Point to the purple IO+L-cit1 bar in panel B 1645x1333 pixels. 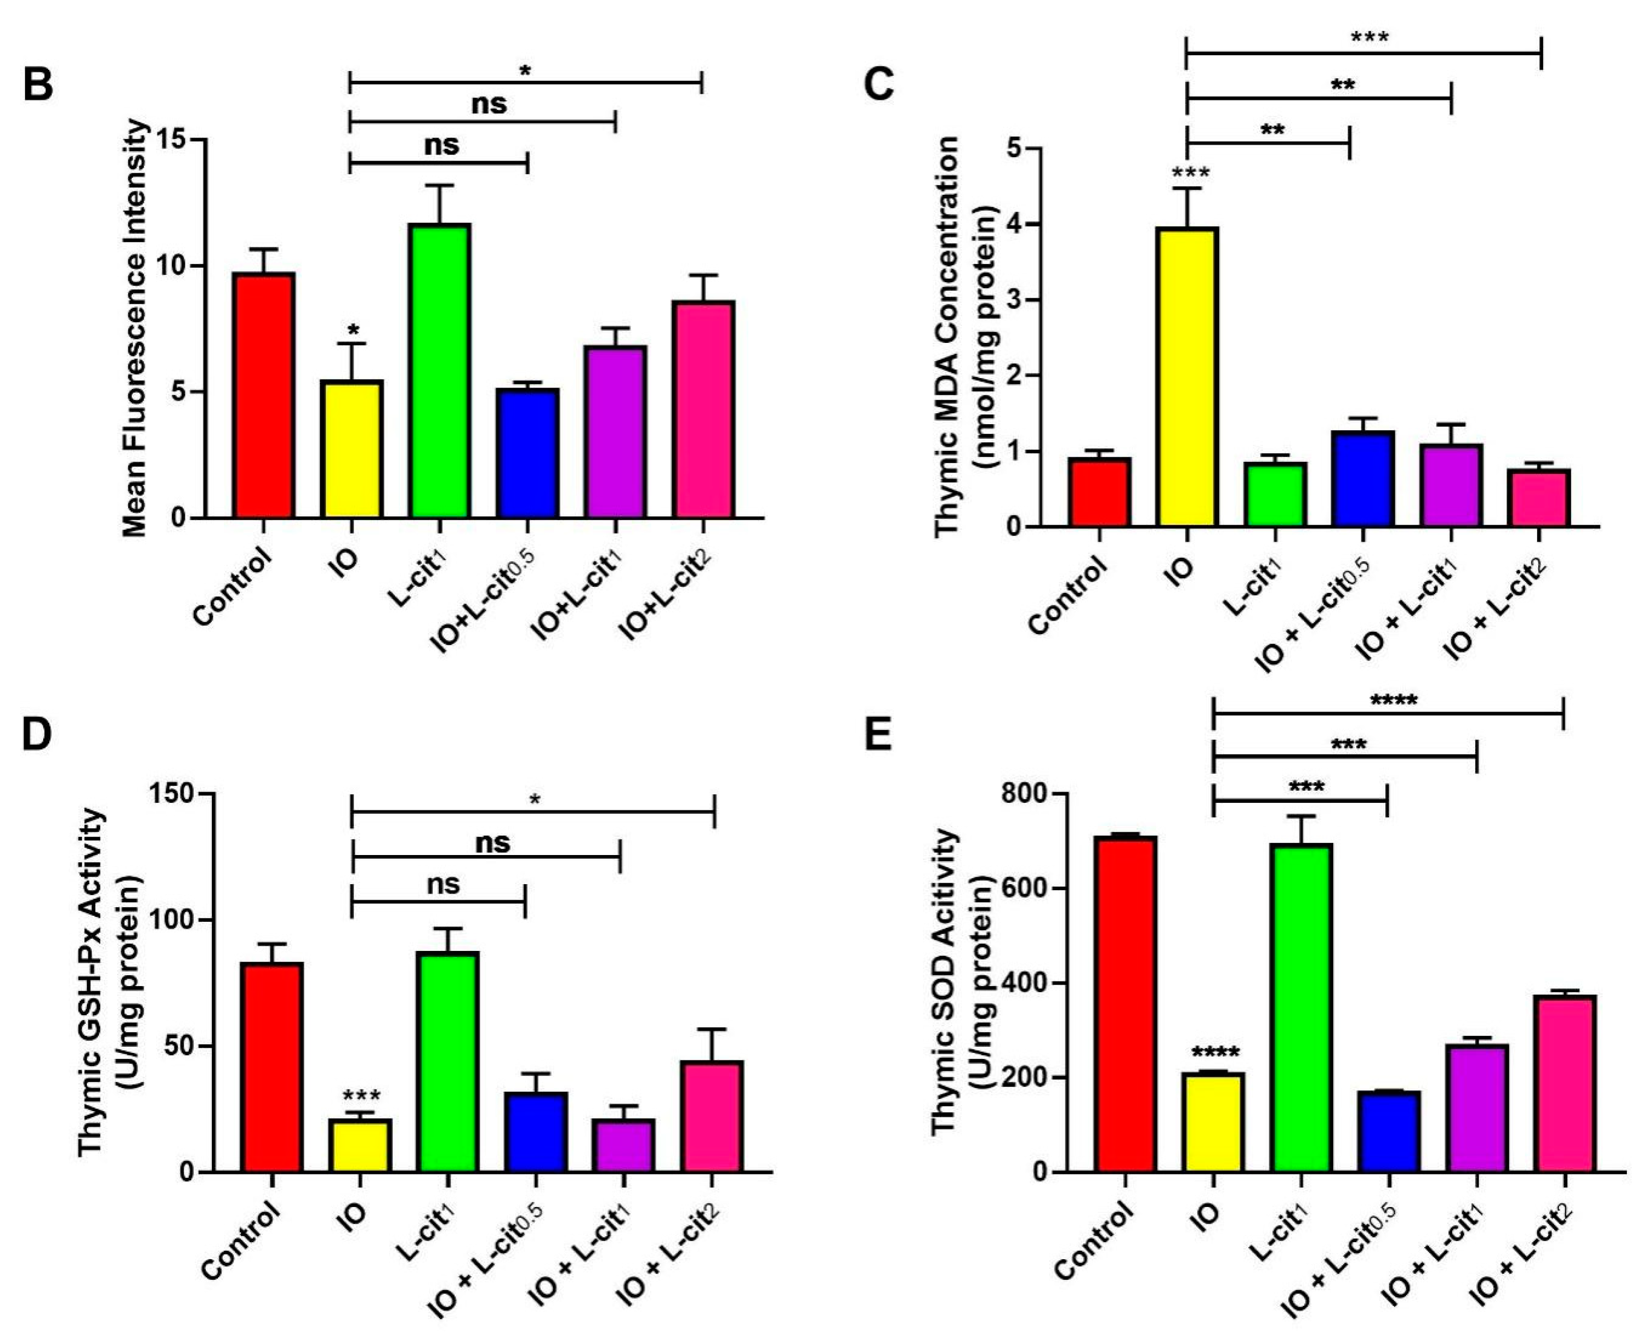coord(615,432)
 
